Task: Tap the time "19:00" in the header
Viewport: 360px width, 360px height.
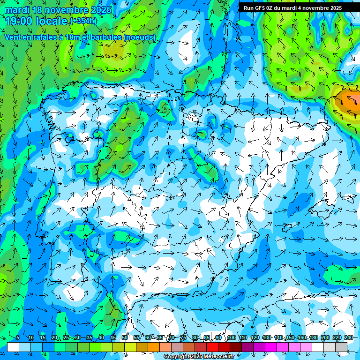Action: [21, 21]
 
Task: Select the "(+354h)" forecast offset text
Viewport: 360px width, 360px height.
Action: [83, 21]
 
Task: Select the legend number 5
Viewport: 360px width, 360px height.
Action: [18, 338]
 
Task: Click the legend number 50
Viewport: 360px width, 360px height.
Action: [125, 338]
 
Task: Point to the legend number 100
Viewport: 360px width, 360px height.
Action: [231, 338]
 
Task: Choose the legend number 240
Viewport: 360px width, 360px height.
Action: [349, 338]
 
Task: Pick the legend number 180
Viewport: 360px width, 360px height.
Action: [313, 338]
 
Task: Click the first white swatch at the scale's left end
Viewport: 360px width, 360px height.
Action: [13, 347]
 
